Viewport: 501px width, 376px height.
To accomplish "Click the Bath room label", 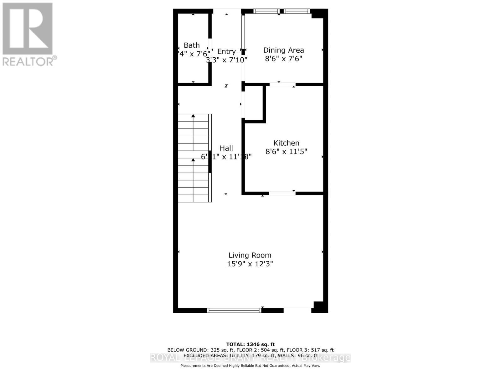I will tap(192, 45).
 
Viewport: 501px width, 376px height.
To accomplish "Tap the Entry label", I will tap(226, 52).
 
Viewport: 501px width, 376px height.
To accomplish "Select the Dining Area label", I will tap(283, 50).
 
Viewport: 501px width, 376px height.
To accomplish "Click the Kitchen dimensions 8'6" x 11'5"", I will tap(286, 152).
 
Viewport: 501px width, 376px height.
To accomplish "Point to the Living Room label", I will tap(250, 255).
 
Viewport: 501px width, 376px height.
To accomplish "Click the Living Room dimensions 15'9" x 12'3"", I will tap(250, 264).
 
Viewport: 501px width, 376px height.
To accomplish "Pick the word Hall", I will tap(226, 148).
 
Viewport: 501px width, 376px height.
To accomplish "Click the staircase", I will tap(194, 158).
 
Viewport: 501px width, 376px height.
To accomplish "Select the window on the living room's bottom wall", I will tap(234, 310).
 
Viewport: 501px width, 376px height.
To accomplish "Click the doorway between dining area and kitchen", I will tap(282, 84).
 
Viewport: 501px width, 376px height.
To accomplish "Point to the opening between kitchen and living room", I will tap(282, 193).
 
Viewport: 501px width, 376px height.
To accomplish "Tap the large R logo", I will tap(28, 29).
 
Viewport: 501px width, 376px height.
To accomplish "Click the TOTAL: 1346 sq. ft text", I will tap(250, 344).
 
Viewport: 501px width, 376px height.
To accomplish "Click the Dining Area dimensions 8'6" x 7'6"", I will tap(283, 59).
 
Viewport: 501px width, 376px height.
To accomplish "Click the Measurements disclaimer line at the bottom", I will tap(250, 366).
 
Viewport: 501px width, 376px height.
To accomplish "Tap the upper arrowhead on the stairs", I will tap(193, 116).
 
